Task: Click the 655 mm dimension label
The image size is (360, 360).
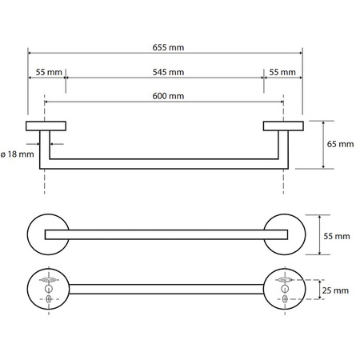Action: (168, 47)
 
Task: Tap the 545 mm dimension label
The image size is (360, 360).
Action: (168, 72)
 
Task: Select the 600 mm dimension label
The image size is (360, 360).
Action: (168, 96)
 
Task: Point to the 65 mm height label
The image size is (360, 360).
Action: (340, 144)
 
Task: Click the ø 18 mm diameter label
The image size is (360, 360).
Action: (18, 154)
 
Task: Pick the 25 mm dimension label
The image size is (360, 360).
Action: (335, 290)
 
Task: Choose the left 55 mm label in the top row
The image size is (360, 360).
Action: (49, 72)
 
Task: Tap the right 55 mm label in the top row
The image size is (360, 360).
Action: (282, 72)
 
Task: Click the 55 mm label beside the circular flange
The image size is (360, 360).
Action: (337, 236)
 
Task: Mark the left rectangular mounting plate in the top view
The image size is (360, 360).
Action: (46, 126)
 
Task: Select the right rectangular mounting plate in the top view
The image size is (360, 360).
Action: (283, 126)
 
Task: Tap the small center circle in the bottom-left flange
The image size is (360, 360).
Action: (49, 288)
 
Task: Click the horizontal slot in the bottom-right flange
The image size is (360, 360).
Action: (285, 280)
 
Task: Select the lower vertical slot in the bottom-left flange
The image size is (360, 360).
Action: (49, 299)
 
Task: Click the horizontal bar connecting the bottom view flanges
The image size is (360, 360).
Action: (166, 290)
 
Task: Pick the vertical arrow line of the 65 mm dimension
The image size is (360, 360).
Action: (323, 145)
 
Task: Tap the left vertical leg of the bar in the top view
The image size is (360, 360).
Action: (45, 150)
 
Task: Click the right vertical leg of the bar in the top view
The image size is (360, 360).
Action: (283, 150)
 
